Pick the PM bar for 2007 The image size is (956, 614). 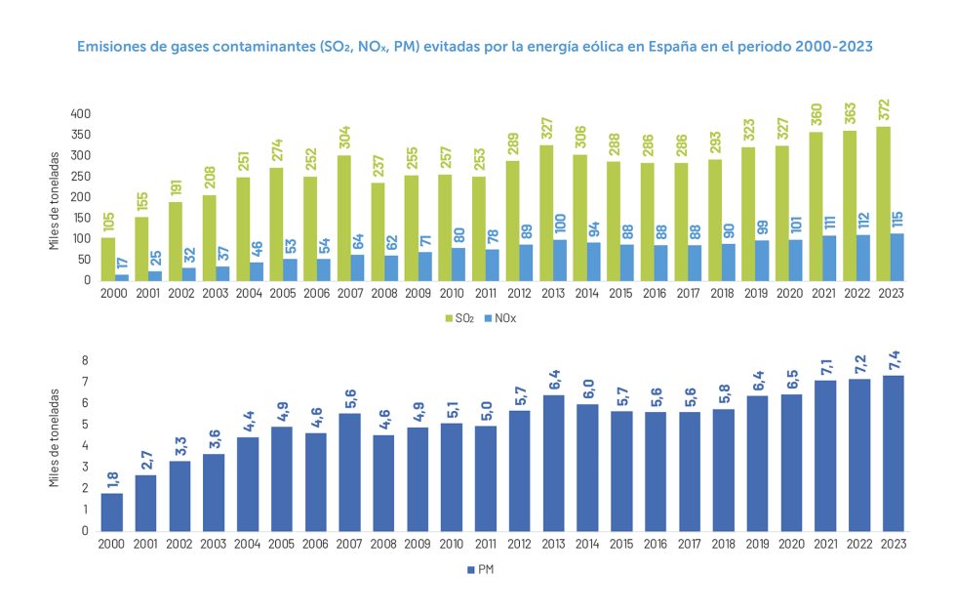pos(349,471)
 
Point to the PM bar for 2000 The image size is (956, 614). pos(112,512)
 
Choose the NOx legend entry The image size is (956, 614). pos(502,319)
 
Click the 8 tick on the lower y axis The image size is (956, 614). pos(85,360)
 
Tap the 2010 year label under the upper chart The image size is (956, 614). pos(450,294)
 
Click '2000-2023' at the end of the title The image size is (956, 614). pos(823,45)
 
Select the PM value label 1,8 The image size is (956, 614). pos(112,478)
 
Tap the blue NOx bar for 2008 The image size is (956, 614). pos(390,267)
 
